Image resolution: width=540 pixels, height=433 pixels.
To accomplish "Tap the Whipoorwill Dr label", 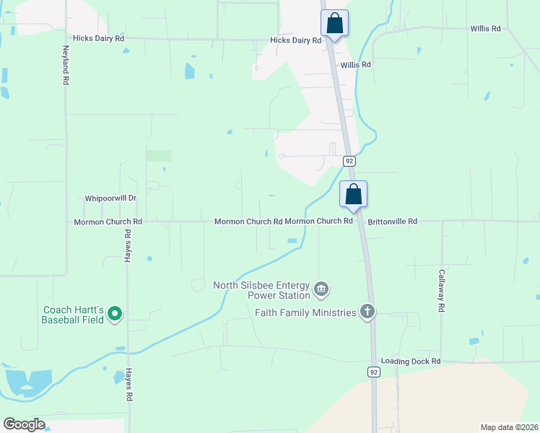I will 110,198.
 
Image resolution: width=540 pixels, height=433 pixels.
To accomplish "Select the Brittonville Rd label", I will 393,222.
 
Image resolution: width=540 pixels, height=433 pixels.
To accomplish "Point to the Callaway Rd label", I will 441,291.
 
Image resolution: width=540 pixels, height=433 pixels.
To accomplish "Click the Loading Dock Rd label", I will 410,361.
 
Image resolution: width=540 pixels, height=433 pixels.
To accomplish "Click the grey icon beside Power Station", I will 322,290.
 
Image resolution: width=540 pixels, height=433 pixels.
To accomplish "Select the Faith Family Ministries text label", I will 305,312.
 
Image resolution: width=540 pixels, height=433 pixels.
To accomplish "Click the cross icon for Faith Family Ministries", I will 367,312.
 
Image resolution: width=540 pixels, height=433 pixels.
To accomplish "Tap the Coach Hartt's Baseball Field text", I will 72,314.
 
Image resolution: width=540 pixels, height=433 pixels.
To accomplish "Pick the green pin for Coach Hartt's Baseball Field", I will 115,314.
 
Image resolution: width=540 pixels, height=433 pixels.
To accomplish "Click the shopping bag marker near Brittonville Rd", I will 353,195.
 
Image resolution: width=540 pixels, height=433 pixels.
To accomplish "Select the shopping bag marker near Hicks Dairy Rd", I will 334,23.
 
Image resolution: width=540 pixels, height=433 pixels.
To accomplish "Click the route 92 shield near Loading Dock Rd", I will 373,372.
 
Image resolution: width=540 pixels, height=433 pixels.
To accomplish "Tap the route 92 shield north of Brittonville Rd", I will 349,160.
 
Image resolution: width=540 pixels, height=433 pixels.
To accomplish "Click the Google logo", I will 24,424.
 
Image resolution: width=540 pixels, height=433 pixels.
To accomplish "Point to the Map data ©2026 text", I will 510,427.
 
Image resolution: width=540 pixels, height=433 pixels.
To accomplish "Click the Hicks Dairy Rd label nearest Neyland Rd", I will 99,38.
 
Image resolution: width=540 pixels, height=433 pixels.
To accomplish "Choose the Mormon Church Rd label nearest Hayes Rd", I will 108,222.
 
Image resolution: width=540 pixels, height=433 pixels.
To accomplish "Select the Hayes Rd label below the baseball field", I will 129,386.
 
